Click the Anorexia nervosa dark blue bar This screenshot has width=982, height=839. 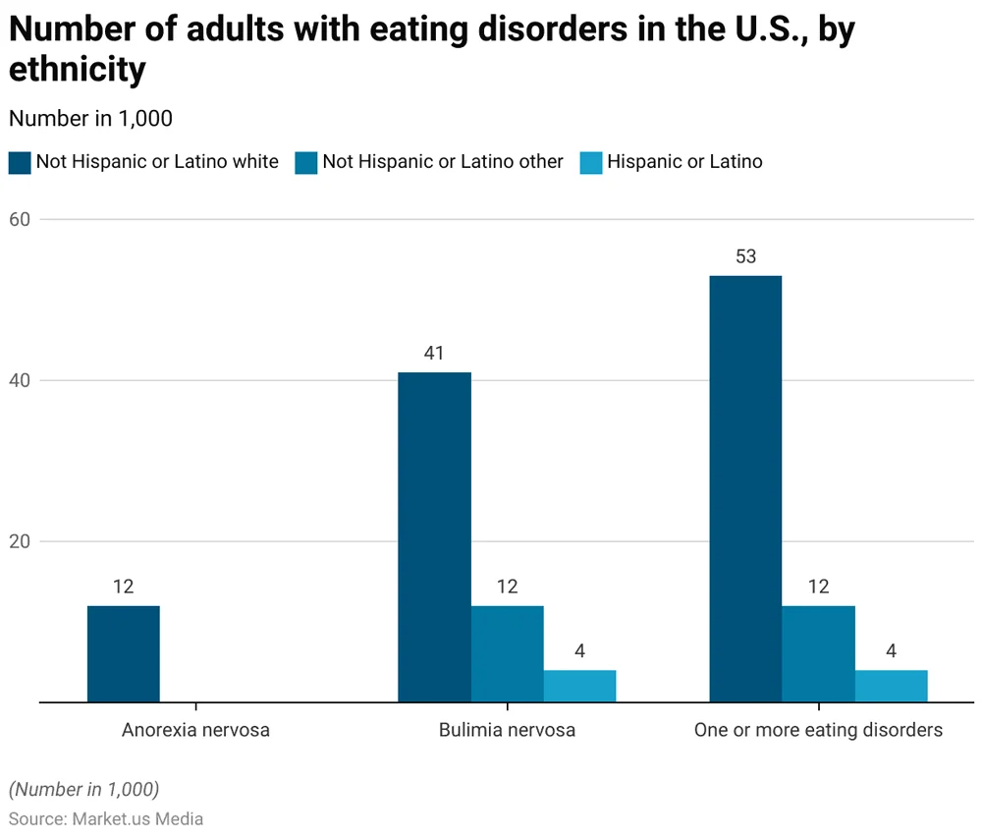tap(123, 653)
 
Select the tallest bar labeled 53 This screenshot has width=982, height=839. tap(745, 488)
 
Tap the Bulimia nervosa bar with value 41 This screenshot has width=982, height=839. tap(434, 536)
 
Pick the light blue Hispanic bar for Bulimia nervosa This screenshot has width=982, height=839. tap(579, 686)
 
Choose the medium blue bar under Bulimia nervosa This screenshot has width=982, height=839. tap(507, 653)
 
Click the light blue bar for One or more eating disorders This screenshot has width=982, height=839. tap(891, 686)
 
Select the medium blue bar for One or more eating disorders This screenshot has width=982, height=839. tap(818, 653)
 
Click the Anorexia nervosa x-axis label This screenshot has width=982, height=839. tap(195, 730)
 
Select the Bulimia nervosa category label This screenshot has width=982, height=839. tap(507, 730)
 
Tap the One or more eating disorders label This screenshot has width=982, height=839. tap(818, 730)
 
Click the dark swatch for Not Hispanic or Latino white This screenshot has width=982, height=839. tap(20, 162)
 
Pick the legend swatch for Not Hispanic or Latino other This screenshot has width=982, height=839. tap(305, 162)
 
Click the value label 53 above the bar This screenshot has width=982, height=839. tap(745, 257)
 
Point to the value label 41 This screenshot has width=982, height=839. tap(434, 354)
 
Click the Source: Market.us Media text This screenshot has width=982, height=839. tap(106, 817)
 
